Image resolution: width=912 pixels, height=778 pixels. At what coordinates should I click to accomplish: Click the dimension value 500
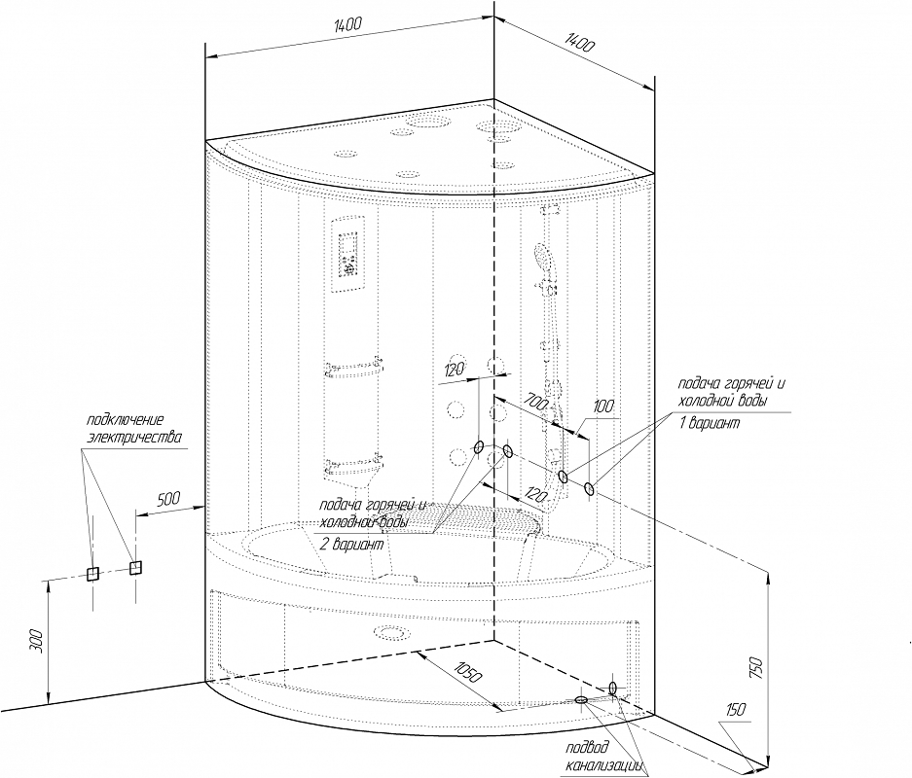[169, 499]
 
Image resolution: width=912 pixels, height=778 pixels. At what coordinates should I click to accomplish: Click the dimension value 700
[535, 401]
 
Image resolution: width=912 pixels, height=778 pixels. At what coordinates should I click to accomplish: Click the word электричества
[134, 437]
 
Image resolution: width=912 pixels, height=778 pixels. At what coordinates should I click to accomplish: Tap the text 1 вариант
[708, 425]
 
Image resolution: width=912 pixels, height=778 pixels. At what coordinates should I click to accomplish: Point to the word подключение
[124, 419]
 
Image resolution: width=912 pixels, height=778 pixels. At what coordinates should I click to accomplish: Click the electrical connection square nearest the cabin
[135, 567]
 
